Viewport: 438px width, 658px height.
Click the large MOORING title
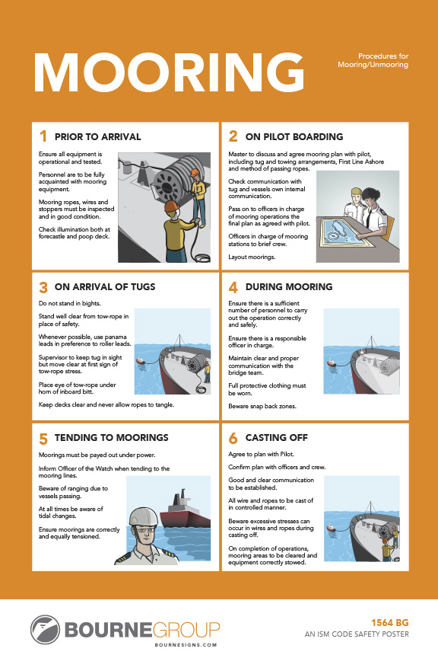click(x=169, y=72)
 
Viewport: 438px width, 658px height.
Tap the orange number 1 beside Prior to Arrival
click(x=43, y=136)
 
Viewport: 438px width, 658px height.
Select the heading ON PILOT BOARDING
click(x=294, y=137)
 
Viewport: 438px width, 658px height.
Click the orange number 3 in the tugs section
click(x=43, y=287)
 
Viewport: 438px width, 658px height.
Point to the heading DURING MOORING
click(x=289, y=286)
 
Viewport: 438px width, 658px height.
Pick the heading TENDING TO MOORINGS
click(x=112, y=437)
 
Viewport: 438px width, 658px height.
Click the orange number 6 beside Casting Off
click(x=233, y=438)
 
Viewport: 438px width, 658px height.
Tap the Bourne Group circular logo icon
click(x=46, y=630)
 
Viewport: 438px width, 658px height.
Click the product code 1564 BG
click(x=390, y=623)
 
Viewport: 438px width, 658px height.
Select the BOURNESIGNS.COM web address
click(x=186, y=645)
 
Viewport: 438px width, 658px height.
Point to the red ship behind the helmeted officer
click(x=185, y=509)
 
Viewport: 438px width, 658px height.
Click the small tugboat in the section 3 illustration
click(x=141, y=360)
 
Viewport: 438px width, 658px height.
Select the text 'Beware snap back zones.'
click(x=262, y=406)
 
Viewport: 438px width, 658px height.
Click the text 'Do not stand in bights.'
click(x=69, y=303)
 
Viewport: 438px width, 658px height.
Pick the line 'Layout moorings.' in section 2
click(x=252, y=257)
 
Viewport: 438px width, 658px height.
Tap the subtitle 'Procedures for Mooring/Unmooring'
click(x=373, y=60)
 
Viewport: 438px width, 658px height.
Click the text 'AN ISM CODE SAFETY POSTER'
click(x=357, y=634)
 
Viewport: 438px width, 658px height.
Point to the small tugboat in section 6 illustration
click(x=331, y=528)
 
